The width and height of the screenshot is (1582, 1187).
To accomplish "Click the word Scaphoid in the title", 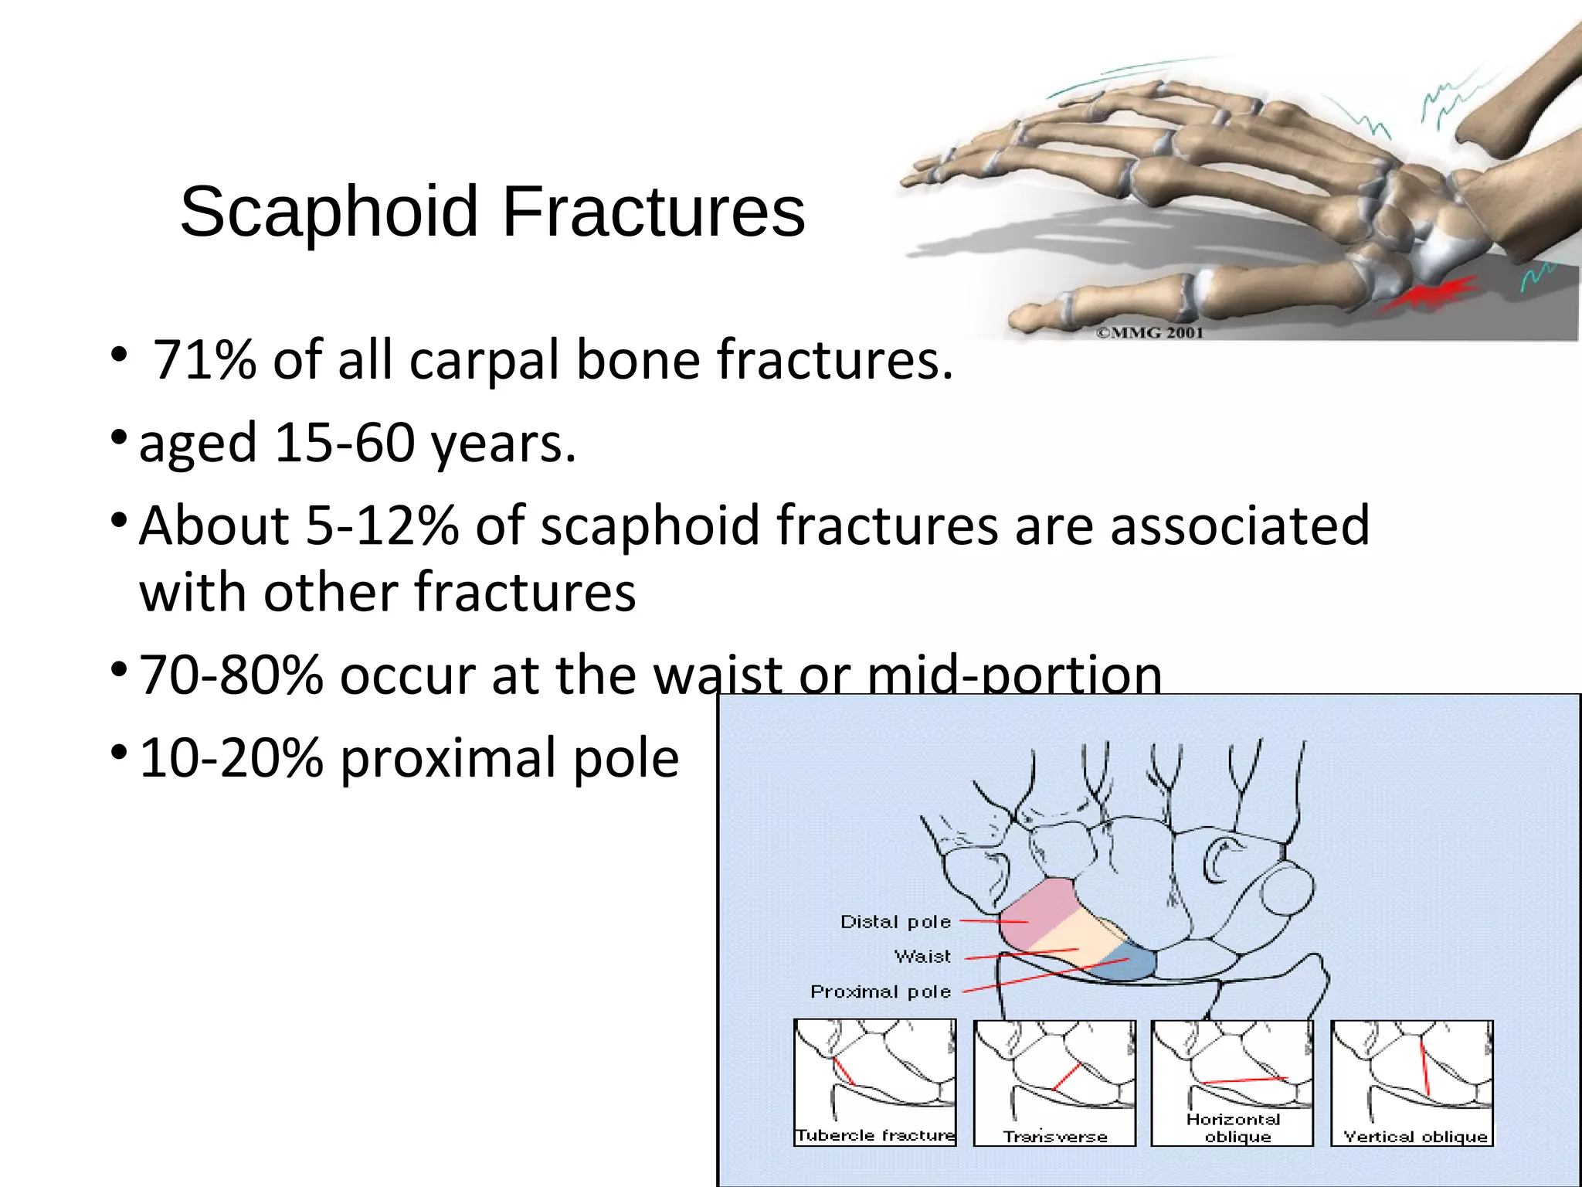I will click(x=328, y=213).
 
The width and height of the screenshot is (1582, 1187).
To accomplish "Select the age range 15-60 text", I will click(x=344, y=444).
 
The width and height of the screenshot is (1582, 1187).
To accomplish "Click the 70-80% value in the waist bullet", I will click(x=230, y=675).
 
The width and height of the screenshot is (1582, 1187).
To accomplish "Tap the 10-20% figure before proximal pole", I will click(x=230, y=758).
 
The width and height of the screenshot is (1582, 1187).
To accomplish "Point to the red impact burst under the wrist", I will click(x=1429, y=294).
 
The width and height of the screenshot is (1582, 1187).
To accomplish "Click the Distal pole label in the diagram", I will click(x=895, y=922).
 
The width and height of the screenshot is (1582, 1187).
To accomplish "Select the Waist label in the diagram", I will click(x=922, y=957).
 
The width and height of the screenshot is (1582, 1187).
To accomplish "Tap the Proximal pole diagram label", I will click(x=881, y=991).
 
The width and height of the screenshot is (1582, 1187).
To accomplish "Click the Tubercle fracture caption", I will click(x=875, y=1135).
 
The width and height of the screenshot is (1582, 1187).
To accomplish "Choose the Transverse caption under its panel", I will click(x=1055, y=1137).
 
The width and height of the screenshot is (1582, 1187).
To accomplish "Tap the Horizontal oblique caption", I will click(x=1234, y=1127).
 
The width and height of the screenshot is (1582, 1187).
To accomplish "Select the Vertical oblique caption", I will click(x=1415, y=1137).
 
